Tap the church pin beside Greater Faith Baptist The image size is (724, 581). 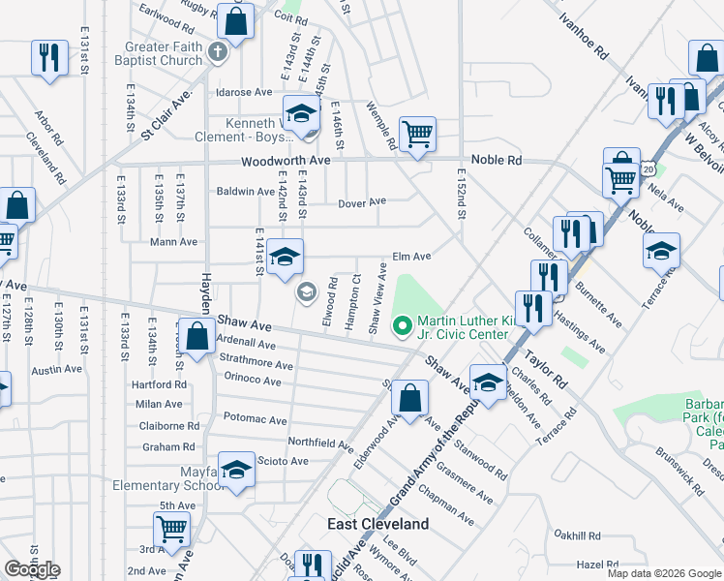[218, 50]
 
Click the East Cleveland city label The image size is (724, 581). [377, 524]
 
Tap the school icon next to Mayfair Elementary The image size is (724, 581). [235, 471]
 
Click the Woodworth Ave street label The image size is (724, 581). [286, 161]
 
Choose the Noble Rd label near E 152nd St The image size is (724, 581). [497, 160]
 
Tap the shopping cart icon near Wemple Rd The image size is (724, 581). [417, 134]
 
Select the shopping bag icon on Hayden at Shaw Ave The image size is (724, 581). [197, 338]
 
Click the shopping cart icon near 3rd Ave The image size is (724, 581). [171, 530]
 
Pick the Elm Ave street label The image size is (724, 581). [411, 257]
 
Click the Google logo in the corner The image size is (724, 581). [32, 569]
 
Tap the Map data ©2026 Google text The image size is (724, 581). [664, 573]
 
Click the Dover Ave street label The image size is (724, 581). [362, 202]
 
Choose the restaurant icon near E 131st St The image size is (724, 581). [48, 57]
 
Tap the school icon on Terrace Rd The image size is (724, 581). [661, 250]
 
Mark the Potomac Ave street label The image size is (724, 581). [256, 421]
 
